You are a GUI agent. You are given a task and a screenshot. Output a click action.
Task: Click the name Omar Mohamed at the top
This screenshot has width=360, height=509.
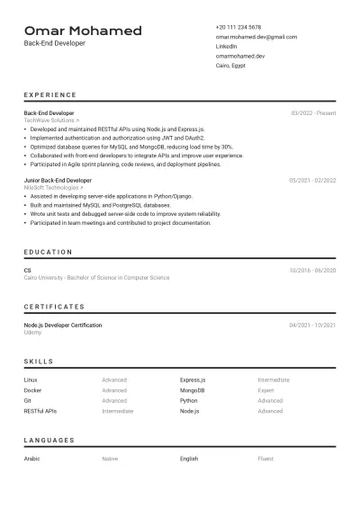(x=83, y=31)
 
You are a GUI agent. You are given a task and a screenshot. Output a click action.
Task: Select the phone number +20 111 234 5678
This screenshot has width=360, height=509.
(x=238, y=28)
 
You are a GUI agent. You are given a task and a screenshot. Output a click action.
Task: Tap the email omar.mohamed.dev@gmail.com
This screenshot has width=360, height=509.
(x=256, y=37)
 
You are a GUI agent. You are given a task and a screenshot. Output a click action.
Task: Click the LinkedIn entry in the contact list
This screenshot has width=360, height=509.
(x=227, y=46)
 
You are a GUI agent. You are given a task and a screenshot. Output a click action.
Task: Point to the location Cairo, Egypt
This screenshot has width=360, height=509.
(x=230, y=66)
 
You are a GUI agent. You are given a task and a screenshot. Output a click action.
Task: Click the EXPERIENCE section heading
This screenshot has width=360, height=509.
(x=50, y=94)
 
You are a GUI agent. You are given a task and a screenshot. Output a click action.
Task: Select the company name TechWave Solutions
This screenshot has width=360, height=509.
(x=50, y=120)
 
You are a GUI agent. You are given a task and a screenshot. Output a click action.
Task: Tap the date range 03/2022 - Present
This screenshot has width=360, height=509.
(x=313, y=113)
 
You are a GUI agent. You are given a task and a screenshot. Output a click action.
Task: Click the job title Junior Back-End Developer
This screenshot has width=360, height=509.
(x=58, y=181)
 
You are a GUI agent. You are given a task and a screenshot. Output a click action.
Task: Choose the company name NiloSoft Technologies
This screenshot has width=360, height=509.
(x=52, y=187)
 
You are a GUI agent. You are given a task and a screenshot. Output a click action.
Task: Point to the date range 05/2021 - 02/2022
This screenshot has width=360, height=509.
(x=312, y=181)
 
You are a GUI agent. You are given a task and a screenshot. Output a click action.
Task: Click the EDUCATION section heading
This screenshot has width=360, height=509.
(x=49, y=253)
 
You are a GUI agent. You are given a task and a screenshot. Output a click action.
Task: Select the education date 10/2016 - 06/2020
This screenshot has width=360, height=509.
(x=312, y=271)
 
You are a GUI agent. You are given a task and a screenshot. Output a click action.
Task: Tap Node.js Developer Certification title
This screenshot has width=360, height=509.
(x=63, y=325)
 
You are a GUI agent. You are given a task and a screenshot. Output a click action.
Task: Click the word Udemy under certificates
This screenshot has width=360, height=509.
(x=32, y=332)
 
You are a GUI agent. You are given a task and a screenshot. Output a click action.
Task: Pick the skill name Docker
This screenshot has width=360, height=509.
(x=32, y=390)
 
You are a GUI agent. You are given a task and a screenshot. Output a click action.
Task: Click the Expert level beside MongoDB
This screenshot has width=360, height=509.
(x=266, y=390)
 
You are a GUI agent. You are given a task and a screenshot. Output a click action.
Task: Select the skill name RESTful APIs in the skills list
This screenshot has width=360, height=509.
(x=40, y=410)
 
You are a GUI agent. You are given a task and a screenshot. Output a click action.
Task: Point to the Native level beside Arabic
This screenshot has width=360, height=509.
(x=110, y=459)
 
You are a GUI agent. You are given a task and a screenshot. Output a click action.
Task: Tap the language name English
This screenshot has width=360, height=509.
(x=189, y=459)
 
